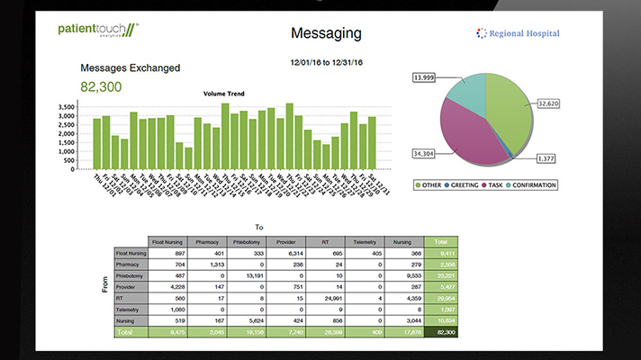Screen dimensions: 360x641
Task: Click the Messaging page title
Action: coord(326,33)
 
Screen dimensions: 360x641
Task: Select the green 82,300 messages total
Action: coord(102,86)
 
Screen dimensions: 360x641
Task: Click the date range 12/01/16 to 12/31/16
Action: coord(327,63)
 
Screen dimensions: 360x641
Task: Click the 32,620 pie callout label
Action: coord(554,103)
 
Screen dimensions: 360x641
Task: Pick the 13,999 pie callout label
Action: coord(429,77)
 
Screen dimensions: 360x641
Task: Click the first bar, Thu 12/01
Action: coord(96,143)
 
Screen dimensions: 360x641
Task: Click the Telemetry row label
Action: coord(131,309)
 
